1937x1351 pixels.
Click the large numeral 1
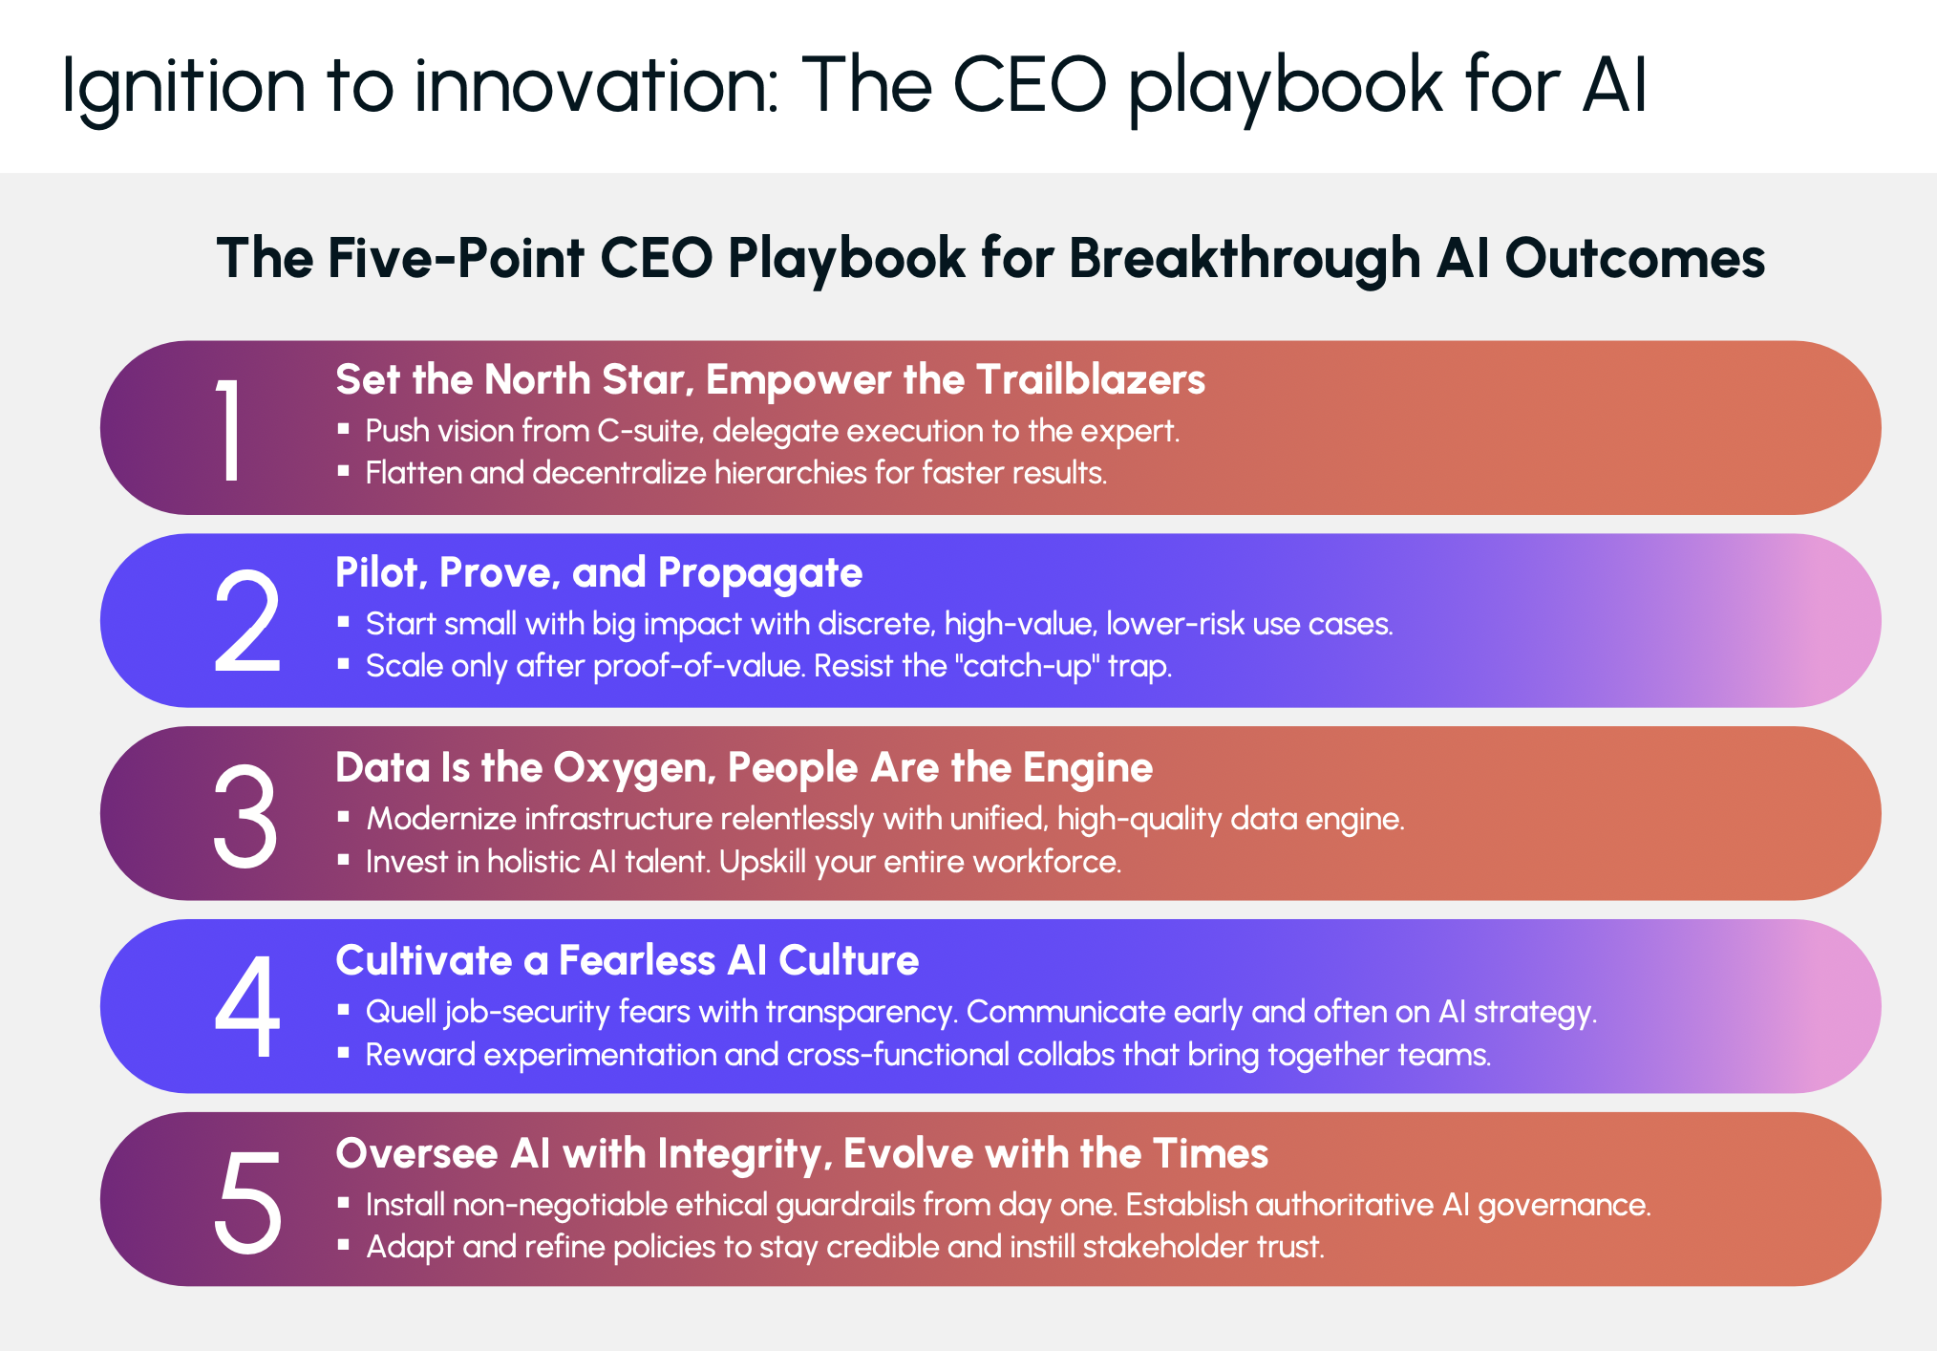pos(229,429)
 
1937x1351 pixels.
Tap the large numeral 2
pos(247,622)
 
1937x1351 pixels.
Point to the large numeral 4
pos(247,1008)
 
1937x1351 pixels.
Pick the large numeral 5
pos(248,1201)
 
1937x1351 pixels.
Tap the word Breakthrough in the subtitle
pos(1245,259)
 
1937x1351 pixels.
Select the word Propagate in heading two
pos(760,574)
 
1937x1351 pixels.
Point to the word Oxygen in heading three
pos(634,769)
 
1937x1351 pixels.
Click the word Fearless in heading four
pos(637,960)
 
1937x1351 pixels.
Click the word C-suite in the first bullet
pos(650,431)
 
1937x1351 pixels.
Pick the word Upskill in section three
pos(763,862)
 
